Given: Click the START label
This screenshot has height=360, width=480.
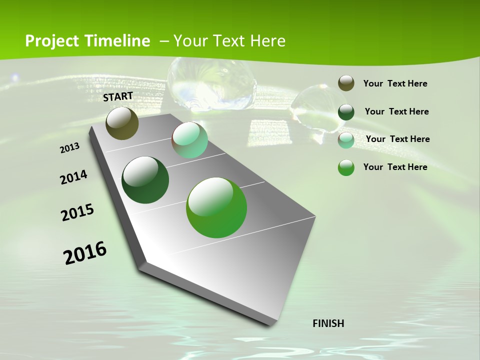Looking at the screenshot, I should coord(118,96).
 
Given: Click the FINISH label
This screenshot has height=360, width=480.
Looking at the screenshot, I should coord(328,323).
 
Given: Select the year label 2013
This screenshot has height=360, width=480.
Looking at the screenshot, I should coord(70,148).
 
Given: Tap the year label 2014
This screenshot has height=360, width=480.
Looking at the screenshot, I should coord(73,177).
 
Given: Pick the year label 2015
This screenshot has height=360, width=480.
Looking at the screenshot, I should coord(77,212).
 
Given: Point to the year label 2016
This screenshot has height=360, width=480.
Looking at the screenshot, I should coord(85,253).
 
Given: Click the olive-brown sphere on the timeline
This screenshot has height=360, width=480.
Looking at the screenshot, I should coord(122,123).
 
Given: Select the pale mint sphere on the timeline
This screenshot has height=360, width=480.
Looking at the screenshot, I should coord(189,140).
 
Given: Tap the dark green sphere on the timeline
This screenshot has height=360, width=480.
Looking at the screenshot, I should coord(145,180).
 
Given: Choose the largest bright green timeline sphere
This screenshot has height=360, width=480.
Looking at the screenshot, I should coord(216,207).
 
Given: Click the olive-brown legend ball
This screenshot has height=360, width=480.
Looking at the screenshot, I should coord(346,83).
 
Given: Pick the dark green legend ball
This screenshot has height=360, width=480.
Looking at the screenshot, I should coord(346,112).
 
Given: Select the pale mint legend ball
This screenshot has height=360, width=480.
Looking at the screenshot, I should coord(346,140).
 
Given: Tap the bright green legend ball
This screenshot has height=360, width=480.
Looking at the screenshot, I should coord(346,167).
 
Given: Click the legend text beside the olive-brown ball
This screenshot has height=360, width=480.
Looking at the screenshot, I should coord(395,83).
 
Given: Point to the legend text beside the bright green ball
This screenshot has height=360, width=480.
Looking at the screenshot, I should coord(395,167).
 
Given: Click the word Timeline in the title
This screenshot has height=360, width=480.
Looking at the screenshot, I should coord(118,41).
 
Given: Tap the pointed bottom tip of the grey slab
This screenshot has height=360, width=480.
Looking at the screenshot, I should coord(272,322).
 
